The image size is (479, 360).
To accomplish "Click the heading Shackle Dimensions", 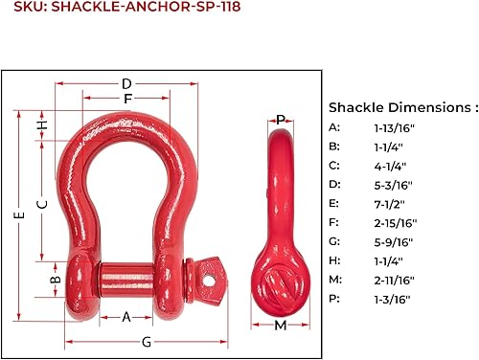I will point(402,107).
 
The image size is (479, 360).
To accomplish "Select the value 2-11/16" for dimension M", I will point(395,279).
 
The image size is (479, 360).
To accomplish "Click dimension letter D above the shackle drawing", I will point(126,84).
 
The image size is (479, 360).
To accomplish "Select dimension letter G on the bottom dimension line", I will point(147,342).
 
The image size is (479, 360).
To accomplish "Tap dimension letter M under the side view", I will point(281,326).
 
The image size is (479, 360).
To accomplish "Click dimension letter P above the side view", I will point(281,120).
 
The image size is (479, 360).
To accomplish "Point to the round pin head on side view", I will point(281,283).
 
